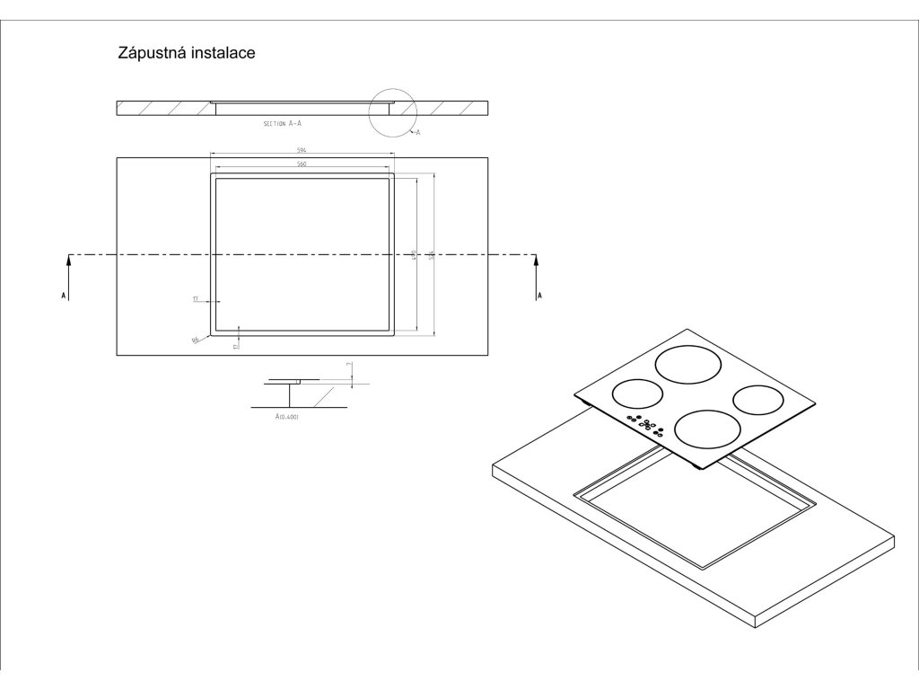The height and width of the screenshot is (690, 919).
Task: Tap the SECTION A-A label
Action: (282, 122)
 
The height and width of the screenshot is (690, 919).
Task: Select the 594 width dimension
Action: (302, 151)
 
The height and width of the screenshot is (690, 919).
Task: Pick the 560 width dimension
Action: (302, 164)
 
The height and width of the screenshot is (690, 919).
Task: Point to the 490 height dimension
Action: (414, 255)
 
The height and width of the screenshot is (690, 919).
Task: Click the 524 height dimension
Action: (431, 255)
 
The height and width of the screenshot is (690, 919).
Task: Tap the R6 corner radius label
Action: (195, 341)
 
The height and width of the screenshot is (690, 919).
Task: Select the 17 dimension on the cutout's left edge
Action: (195, 298)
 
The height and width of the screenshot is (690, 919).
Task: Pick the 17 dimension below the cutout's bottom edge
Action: (235, 345)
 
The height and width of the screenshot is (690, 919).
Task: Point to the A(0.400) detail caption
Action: (288, 417)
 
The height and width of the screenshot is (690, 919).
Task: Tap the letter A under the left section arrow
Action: (64, 296)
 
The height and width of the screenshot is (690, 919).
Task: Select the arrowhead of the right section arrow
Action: (537, 261)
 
